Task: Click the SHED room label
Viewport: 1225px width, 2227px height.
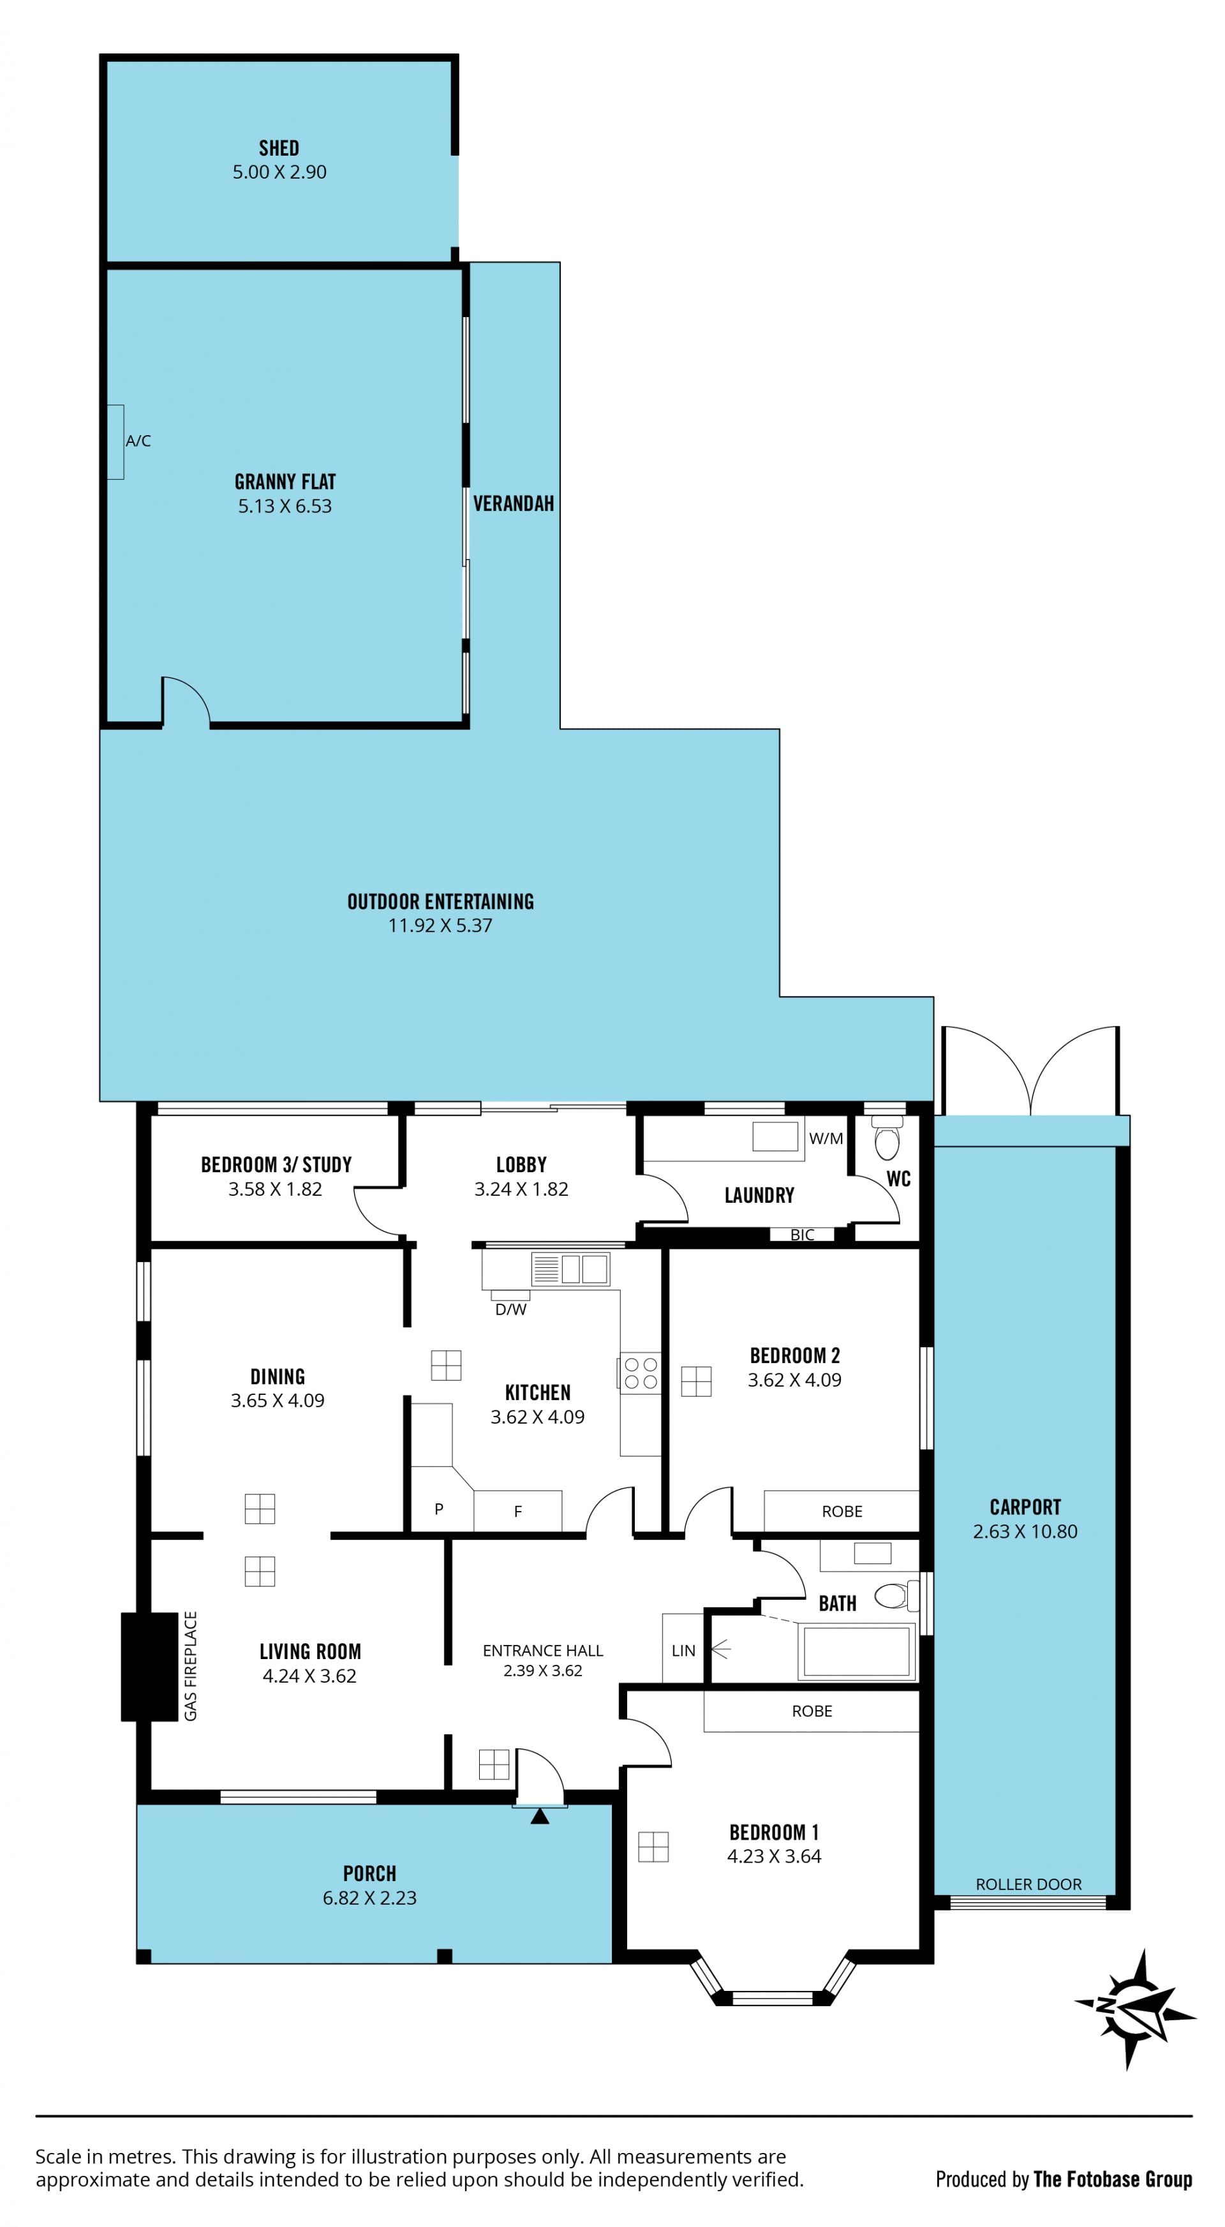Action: [x=279, y=148]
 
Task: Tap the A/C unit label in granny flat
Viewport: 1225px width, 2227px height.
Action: [x=138, y=441]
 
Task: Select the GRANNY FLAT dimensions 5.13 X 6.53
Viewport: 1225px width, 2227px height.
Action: [x=285, y=507]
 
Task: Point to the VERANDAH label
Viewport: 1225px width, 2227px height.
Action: [x=514, y=503]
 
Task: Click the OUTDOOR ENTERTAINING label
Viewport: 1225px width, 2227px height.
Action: [x=441, y=902]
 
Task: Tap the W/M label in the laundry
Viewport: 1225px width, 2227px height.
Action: [x=826, y=1138]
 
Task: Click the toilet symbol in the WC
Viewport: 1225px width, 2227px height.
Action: [x=887, y=1136]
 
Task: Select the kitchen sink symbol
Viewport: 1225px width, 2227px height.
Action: [x=570, y=1269]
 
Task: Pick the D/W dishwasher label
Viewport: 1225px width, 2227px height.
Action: [x=511, y=1310]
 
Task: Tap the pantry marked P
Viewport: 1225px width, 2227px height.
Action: [x=439, y=1510]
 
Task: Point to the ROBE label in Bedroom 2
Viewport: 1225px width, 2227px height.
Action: [x=842, y=1511]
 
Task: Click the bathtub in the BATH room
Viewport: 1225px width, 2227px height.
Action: [x=857, y=1651]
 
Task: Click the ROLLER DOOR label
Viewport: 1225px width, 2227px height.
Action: [x=1028, y=1884]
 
